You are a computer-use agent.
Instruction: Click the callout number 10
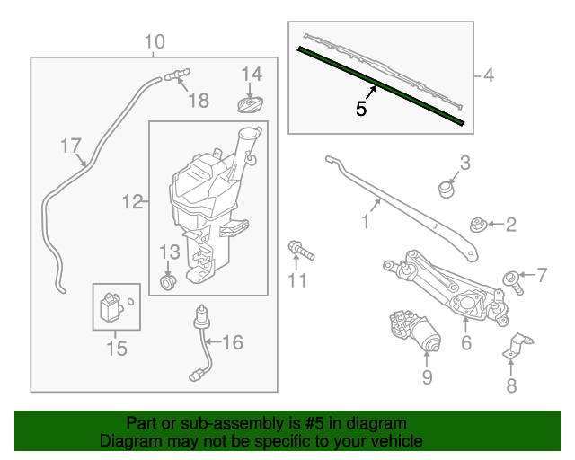click(155, 41)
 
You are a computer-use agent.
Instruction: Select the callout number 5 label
click(360, 110)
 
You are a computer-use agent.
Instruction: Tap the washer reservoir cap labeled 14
click(250, 104)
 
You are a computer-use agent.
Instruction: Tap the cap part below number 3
click(444, 190)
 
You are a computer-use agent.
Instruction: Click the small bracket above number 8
click(515, 346)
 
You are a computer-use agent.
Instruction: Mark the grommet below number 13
click(166, 283)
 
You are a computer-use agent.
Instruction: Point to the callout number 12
click(132, 203)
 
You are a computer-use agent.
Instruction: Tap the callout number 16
click(233, 342)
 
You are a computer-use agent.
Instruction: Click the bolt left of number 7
click(513, 279)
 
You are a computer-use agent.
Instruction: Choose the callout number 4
click(489, 76)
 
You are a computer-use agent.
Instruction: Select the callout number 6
click(466, 342)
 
